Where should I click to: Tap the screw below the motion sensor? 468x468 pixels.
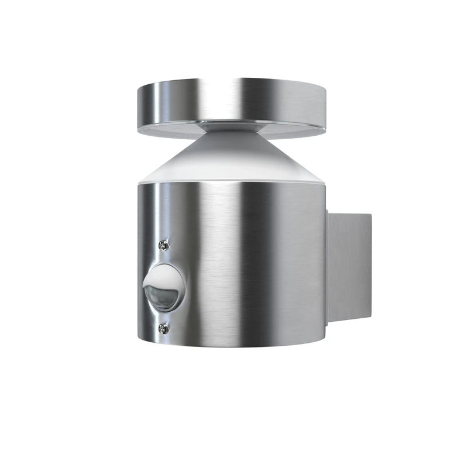(164, 329)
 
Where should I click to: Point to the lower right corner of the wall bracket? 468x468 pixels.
(370, 321)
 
